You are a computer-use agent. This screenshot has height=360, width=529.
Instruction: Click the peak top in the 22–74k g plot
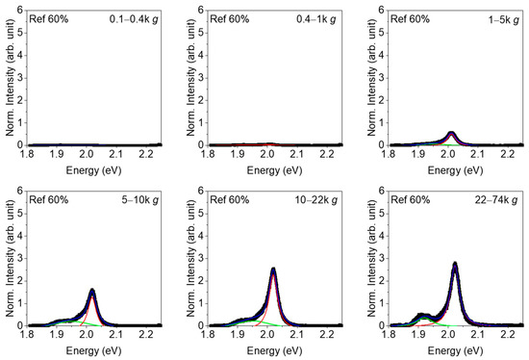point(454,263)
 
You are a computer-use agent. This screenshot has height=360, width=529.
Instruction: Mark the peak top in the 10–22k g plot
point(273,269)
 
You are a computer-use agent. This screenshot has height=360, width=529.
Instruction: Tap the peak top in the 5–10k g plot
point(92,290)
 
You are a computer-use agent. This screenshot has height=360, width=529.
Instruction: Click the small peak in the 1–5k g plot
point(452,133)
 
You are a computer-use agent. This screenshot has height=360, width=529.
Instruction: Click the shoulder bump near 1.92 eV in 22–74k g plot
point(420,315)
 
